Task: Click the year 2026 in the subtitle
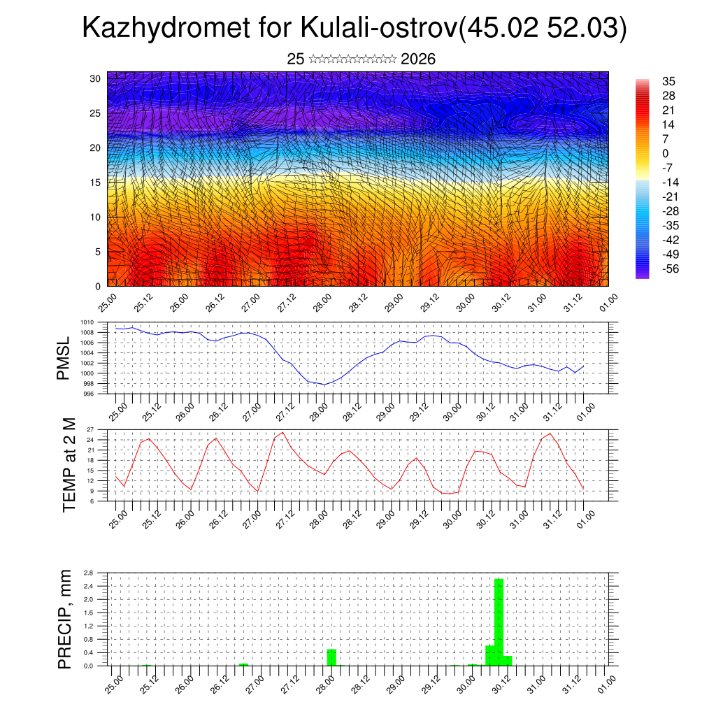(x=418, y=59)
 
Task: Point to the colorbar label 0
(x=665, y=153)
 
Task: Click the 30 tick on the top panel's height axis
(x=96, y=78)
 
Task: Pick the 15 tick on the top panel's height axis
(x=96, y=182)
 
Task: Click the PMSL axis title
(x=64, y=359)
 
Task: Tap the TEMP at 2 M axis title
(x=69, y=465)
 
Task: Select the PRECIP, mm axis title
(x=65, y=619)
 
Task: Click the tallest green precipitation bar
(x=499, y=622)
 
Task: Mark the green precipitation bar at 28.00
(x=331, y=657)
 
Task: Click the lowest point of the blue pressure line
(x=324, y=385)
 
